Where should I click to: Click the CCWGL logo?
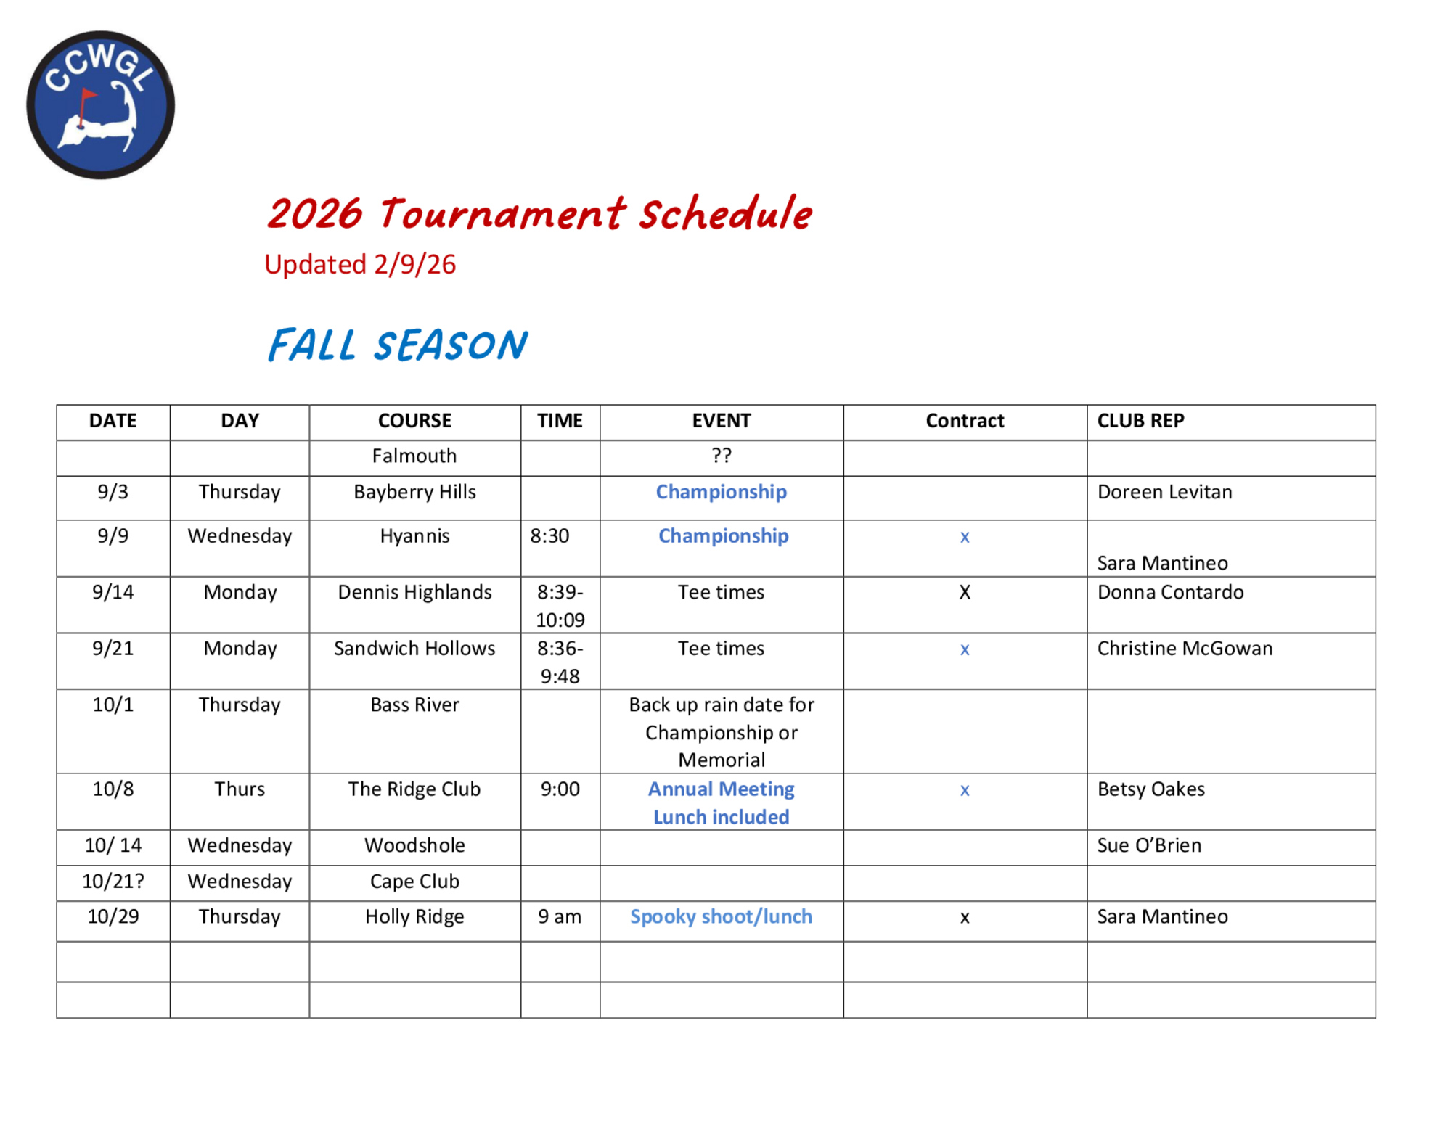[x=100, y=104]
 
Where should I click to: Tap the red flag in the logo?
[x=88, y=95]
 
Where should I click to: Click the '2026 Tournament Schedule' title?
[x=539, y=213]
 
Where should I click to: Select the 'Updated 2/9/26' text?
[x=360, y=265]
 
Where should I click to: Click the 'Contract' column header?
[x=965, y=421]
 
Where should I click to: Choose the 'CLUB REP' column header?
[x=1140, y=421]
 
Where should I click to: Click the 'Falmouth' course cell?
[x=414, y=456]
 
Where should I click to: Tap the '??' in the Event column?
[x=722, y=456]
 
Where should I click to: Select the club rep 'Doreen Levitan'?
[x=1164, y=492]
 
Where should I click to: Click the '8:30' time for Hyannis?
[x=549, y=536]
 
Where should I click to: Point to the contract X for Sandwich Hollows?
[x=965, y=649]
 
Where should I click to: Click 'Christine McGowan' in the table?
[x=1185, y=649]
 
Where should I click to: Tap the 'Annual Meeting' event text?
[x=722, y=789]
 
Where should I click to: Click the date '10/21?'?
[x=113, y=881]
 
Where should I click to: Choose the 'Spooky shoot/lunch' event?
[x=722, y=916]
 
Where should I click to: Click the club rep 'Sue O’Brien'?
[x=1149, y=845]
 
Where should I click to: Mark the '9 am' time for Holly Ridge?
[x=560, y=917]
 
